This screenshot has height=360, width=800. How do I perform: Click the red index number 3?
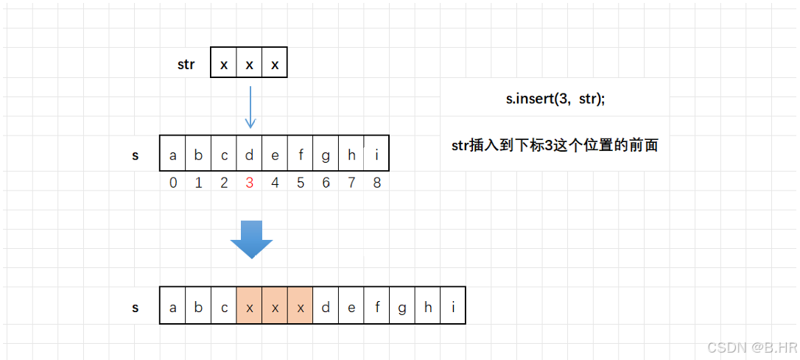click(x=250, y=183)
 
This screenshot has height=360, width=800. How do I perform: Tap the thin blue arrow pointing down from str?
click(x=250, y=107)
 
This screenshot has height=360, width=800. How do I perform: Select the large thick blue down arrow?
click(x=251, y=239)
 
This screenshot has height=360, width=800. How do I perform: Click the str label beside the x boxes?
click(x=186, y=64)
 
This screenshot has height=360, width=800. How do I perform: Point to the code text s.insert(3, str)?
click(x=555, y=99)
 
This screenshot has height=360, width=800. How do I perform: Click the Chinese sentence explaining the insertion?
click(x=555, y=145)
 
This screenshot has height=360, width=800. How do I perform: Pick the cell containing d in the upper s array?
click(x=250, y=155)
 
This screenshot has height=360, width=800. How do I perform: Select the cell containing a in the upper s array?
click(x=173, y=155)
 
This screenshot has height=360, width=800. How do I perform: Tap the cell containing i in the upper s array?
click(x=376, y=155)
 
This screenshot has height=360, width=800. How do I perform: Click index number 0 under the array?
click(x=173, y=183)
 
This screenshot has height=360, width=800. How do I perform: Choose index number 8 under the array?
click(x=376, y=183)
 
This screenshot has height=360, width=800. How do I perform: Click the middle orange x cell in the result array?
click(x=275, y=308)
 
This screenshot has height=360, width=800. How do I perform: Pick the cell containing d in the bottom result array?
click(x=326, y=308)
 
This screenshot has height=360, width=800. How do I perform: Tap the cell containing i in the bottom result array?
click(x=453, y=308)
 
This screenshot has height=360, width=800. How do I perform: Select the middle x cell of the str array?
click(x=249, y=65)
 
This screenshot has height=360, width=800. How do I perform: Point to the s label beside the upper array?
click(x=136, y=155)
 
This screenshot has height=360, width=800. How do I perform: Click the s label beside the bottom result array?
click(x=136, y=308)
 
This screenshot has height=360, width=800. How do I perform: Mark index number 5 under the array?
click(x=301, y=183)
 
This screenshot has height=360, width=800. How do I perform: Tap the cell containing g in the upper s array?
click(x=326, y=155)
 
